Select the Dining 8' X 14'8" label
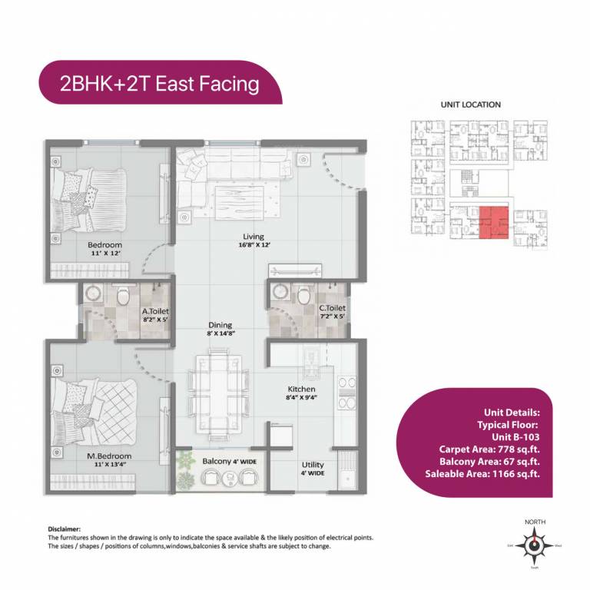tap(219, 329)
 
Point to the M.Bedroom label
tap(108, 460)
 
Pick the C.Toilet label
tap(332, 311)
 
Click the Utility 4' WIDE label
tap(313, 469)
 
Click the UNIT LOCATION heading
tap(470, 104)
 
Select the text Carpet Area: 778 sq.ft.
tap(489, 449)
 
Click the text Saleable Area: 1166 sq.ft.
tap(482, 474)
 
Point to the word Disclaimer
tap(64, 529)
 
